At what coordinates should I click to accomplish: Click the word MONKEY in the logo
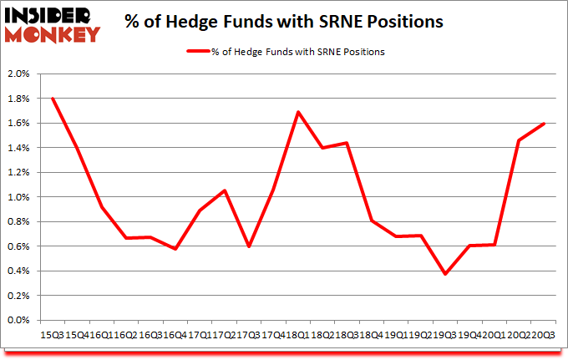point(51,33)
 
